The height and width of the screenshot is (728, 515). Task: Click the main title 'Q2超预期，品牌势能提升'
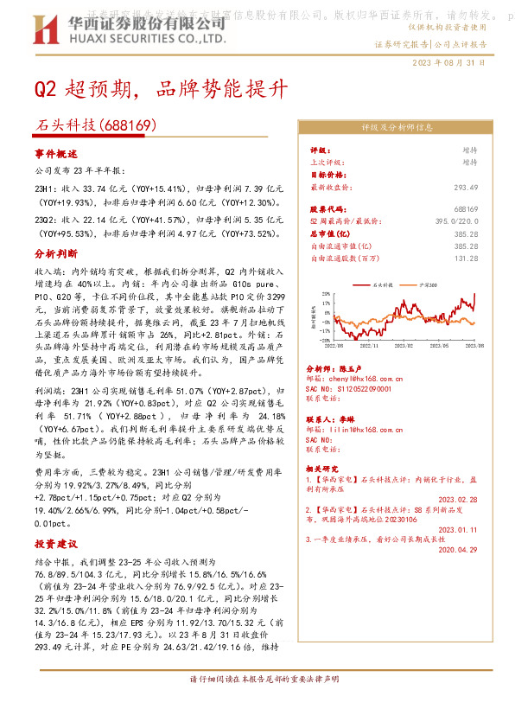tap(155, 89)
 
